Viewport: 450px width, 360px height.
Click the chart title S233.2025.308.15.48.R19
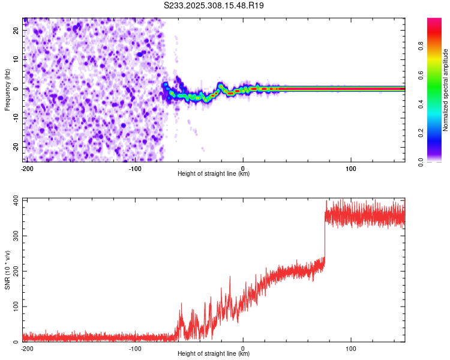tap(214, 5)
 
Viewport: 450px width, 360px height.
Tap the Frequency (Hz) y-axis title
tap(7, 89)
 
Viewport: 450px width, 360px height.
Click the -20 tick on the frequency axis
tap(15, 147)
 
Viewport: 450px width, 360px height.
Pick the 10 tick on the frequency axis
tap(16, 59)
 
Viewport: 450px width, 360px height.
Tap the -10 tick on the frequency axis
tap(15, 118)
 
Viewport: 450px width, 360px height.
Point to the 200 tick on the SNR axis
tap(14, 271)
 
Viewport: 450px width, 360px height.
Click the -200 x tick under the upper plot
tap(26, 168)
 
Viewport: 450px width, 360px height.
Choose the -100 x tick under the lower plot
tap(135, 348)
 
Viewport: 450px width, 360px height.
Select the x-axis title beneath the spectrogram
tap(214, 174)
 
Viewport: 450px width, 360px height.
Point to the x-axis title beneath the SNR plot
tap(214, 354)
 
